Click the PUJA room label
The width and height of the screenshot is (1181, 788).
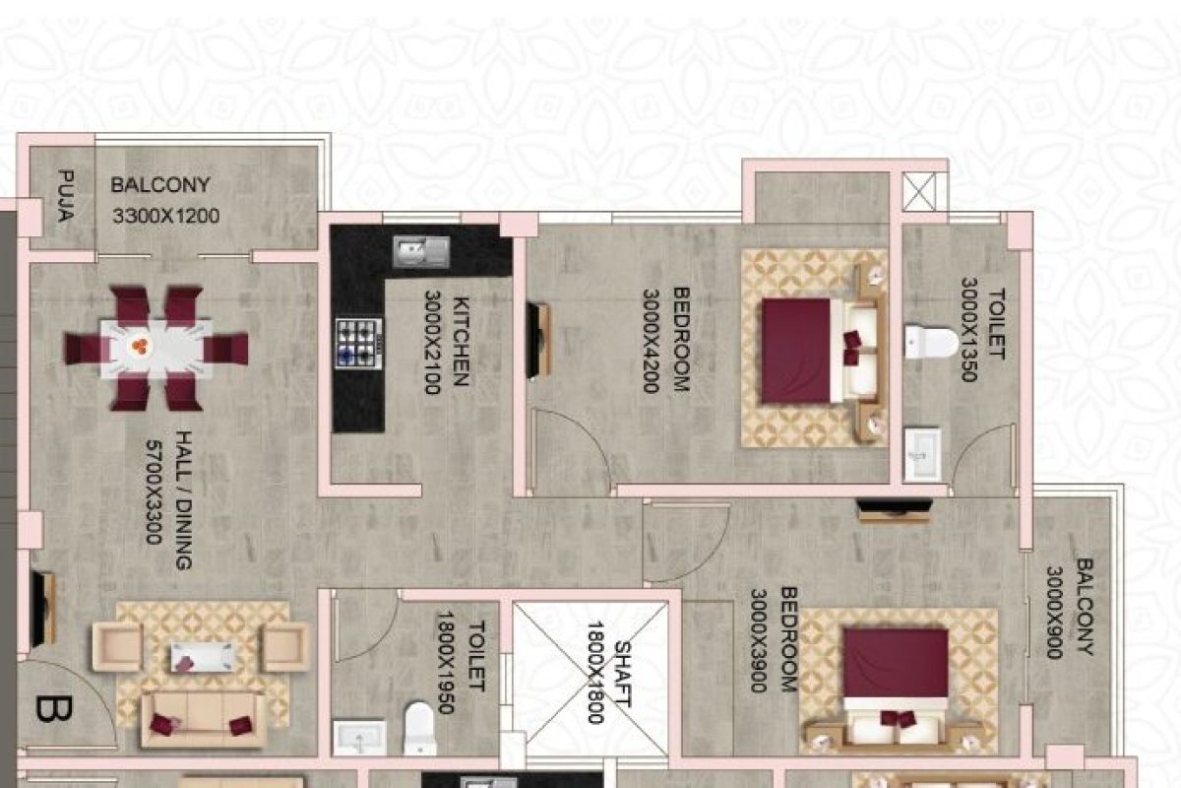tap(66, 197)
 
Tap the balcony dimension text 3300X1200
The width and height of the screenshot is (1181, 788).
tap(164, 216)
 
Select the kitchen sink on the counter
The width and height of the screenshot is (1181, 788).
tap(421, 252)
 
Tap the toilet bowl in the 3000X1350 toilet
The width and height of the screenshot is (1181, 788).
tap(930, 342)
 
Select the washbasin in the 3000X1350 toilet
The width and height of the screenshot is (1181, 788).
tap(922, 454)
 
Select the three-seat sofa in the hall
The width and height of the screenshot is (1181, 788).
tap(204, 718)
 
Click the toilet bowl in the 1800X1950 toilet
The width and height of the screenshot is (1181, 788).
tap(419, 724)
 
